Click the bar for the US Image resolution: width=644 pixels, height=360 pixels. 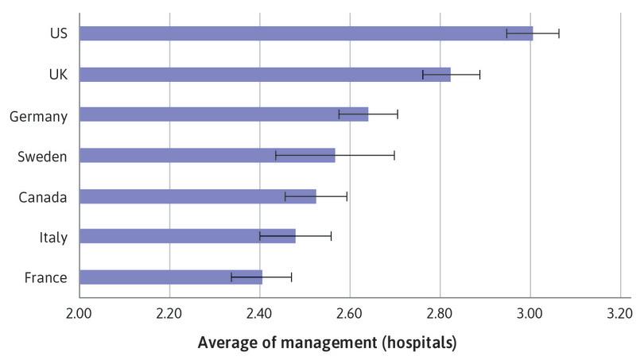point(306,33)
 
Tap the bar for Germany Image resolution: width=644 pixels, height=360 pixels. point(223,114)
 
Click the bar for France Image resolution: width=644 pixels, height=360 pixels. point(170,277)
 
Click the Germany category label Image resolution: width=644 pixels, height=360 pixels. point(37,116)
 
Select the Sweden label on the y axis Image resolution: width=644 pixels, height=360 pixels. point(42,157)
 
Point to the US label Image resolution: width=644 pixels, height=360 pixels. point(58,34)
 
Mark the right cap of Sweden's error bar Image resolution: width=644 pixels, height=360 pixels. point(394,155)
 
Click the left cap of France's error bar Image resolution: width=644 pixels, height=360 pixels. point(231,277)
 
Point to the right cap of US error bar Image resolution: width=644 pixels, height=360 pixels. point(559,33)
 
